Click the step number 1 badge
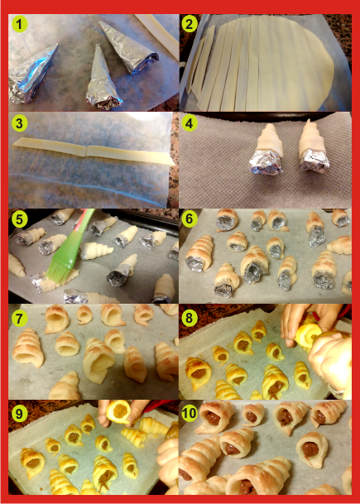tap(20, 25)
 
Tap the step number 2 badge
tap(190, 25)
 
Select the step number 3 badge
tap(20, 124)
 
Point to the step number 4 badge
tap(190, 124)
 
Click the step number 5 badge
tap(20, 219)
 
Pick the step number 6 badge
tap(190, 219)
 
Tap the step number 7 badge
tap(20, 319)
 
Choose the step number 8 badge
tap(190, 319)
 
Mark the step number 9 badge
tap(20, 414)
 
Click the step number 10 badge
tap(190, 414)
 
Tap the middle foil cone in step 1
tap(103, 76)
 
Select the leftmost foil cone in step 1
tap(31, 76)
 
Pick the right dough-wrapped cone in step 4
tap(313, 146)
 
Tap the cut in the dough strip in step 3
tap(86, 151)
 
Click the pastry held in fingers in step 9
tap(118, 412)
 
